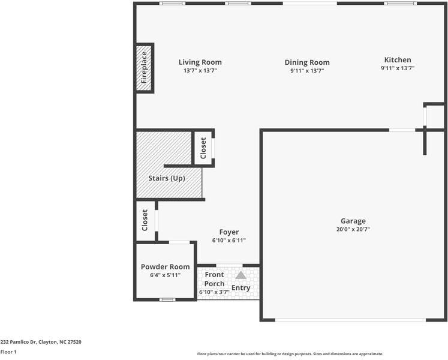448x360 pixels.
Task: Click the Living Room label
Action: (200, 62)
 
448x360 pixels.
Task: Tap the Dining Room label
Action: (306, 62)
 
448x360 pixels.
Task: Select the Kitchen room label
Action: (398, 59)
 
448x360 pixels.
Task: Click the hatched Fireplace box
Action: (144, 68)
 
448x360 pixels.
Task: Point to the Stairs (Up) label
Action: (167, 178)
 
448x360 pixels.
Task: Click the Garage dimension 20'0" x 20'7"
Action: (353, 229)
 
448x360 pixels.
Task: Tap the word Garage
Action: (353, 221)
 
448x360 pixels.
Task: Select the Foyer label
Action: (228, 232)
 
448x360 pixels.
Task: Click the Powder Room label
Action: (165, 266)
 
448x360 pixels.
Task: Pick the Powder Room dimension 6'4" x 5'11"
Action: (165, 275)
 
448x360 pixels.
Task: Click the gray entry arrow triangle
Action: (240, 275)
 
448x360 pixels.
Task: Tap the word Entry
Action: (241, 287)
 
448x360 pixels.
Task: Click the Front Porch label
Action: (214, 279)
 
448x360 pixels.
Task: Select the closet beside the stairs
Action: (203, 148)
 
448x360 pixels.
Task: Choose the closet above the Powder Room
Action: (145, 220)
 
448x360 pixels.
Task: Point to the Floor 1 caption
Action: (8, 352)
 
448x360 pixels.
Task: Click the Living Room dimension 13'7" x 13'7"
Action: (200, 70)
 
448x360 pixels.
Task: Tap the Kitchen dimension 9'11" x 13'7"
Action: (398, 68)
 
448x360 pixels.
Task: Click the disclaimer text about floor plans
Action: (290, 354)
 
